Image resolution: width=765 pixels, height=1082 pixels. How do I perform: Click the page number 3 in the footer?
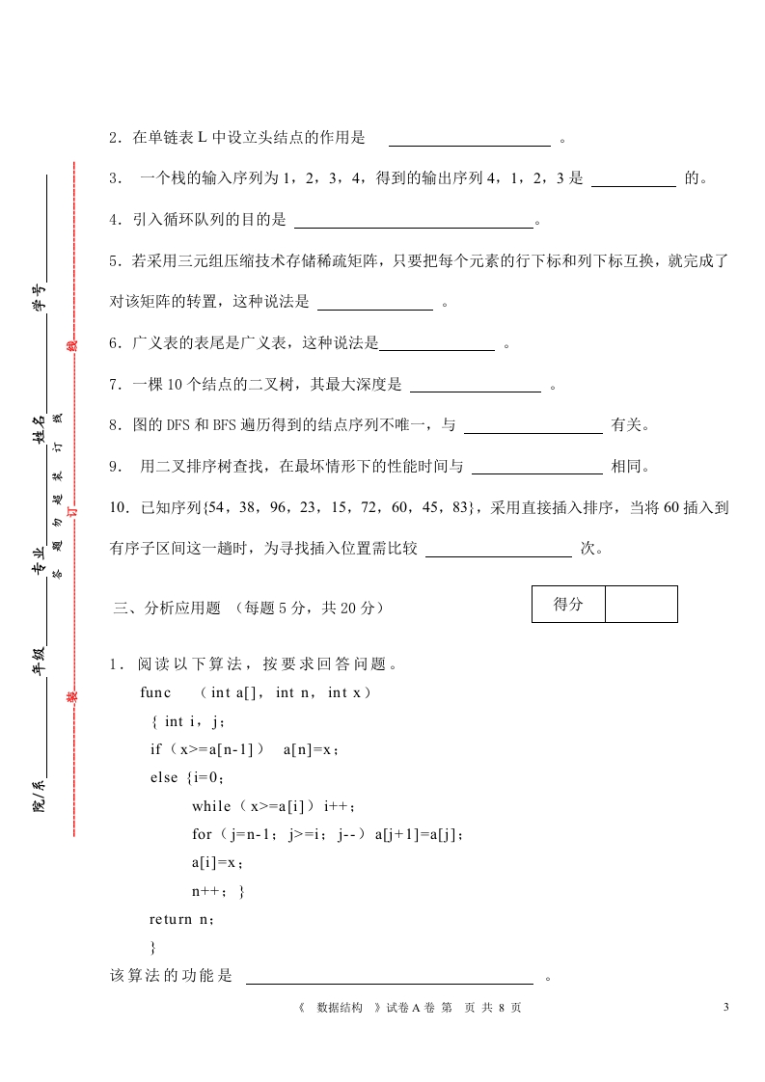(725, 1008)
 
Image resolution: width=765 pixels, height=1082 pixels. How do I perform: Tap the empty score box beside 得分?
(642, 605)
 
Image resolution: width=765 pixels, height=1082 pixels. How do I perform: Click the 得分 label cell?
(569, 605)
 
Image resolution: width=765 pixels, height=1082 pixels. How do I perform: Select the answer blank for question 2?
(469, 139)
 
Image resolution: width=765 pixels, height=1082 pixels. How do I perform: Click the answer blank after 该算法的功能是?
(390, 976)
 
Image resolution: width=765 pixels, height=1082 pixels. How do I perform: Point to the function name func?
(155, 692)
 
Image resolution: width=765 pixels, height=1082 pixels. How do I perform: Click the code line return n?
(181, 920)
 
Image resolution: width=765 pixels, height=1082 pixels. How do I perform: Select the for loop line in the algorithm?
(328, 834)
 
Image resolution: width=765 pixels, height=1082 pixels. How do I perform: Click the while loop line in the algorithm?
(274, 806)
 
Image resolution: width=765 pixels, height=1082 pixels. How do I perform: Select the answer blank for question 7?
(476, 386)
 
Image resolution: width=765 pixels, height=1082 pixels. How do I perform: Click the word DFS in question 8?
(165, 425)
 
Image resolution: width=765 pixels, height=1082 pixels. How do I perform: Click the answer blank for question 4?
(413, 221)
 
